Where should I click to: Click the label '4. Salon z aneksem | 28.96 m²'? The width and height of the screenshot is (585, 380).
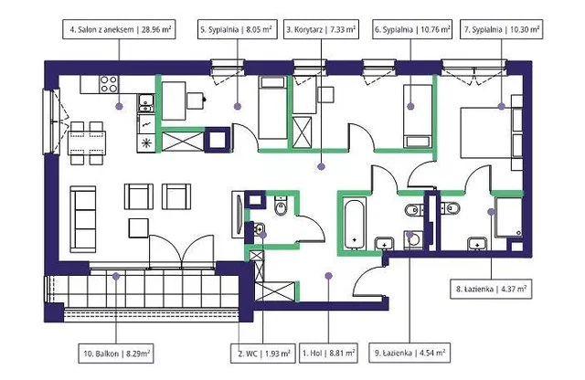119,29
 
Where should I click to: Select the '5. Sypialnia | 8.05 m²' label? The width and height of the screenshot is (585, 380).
238,29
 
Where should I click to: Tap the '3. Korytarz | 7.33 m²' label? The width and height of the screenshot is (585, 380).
321,29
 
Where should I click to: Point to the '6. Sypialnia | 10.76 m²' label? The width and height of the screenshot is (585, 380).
412,29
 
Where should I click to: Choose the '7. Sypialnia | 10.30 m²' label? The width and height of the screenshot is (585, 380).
502,29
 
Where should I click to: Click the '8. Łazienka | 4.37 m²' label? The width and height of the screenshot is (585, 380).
492,289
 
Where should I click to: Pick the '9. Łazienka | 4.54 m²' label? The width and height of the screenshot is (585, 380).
409,353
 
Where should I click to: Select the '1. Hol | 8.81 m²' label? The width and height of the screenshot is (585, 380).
329,353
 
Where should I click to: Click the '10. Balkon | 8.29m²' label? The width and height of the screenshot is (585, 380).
116,354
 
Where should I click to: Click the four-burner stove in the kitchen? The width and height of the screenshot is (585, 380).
109,84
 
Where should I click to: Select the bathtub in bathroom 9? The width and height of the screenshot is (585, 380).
355,224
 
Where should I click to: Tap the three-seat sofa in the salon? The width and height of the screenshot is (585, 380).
83,219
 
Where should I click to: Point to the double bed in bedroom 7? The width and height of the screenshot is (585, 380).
486,132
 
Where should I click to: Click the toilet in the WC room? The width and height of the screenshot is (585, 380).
281,206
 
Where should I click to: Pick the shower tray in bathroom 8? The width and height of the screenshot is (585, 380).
508,217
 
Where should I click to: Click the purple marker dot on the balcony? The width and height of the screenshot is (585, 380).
116,277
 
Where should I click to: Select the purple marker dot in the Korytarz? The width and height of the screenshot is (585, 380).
321,166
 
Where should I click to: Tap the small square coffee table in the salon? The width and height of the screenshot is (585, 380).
139,227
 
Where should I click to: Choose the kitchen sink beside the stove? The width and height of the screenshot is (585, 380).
146,103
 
